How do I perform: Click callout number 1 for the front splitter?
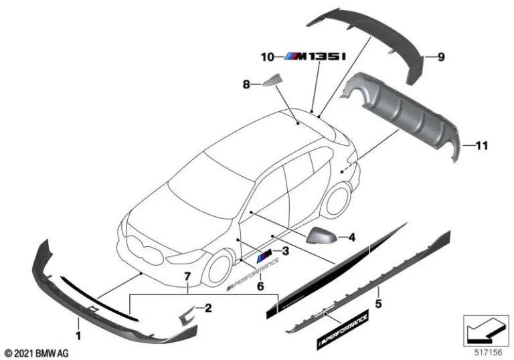78,333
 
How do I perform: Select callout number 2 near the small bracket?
208,308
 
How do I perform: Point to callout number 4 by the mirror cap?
352,236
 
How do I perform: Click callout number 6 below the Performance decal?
261,286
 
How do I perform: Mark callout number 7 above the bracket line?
188,276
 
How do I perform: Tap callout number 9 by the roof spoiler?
441,58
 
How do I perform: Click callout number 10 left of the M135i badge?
268,58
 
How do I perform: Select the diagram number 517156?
481,349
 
